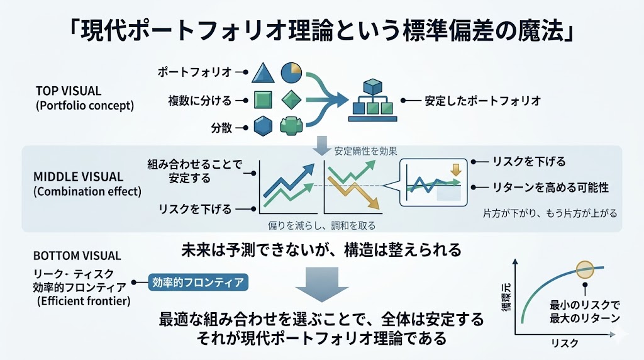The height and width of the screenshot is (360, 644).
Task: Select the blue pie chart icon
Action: (290, 72)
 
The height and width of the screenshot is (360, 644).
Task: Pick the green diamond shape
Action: (291, 100)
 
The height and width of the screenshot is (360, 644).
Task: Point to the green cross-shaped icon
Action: (291, 127)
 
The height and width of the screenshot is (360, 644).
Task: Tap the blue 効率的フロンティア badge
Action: (197, 283)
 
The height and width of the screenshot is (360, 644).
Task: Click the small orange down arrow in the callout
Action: (456, 169)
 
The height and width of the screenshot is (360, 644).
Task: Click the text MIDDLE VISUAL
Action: (78, 177)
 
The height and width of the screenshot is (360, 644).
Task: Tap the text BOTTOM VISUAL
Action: (77, 257)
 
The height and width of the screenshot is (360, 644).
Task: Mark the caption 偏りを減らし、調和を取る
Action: (321, 225)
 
